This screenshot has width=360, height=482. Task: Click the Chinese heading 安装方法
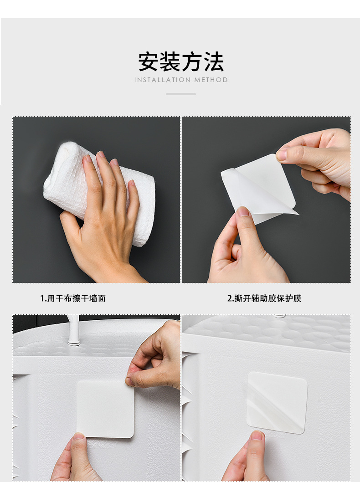[x=181, y=62]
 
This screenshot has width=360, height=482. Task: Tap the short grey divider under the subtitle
[x=181, y=94]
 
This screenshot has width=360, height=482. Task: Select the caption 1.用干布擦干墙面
[x=73, y=298]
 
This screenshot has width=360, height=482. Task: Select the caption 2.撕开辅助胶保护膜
[x=264, y=298]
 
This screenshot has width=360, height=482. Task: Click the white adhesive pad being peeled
[x=259, y=188]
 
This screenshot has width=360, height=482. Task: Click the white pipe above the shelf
[x=73, y=329]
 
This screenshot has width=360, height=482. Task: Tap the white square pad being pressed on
[x=105, y=409]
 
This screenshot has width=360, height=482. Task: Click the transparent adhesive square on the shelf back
[x=277, y=402]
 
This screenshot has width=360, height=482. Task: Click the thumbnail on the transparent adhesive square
[x=257, y=436]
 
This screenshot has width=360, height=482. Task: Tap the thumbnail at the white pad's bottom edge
[x=79, y=436]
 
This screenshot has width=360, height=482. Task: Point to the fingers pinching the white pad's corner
[x=135, y=375]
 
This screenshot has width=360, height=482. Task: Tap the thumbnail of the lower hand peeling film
[x=243, y=211]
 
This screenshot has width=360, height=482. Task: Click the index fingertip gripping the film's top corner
[x=281, y=155]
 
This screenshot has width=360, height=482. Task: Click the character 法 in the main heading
[x=214, y=62]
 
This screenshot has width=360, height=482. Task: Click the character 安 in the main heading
[x=148, y=62]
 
